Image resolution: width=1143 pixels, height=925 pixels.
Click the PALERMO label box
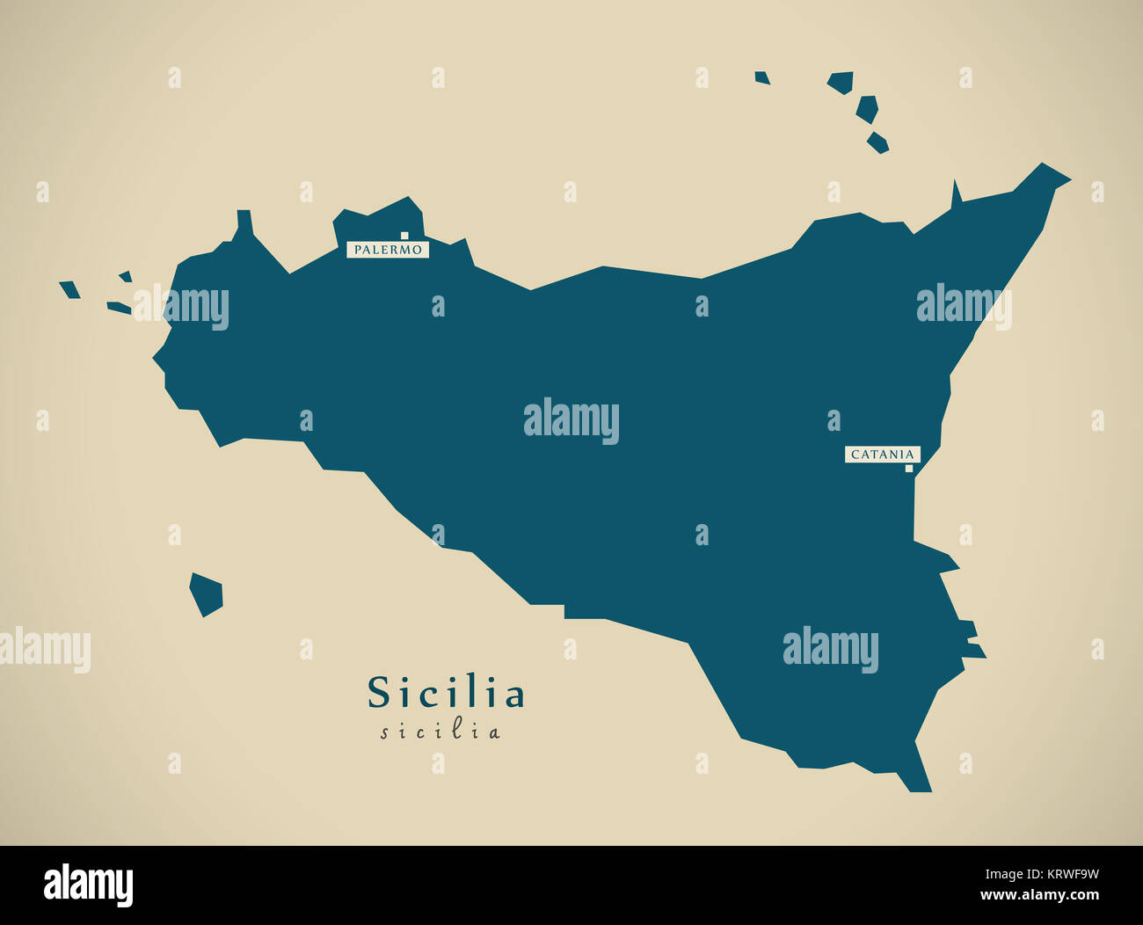pos(388,250)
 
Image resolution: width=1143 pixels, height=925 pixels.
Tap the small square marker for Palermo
pos(404,236)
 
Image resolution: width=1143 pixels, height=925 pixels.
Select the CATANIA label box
pos(883,455)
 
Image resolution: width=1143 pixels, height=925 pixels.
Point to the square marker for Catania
pos(909,469)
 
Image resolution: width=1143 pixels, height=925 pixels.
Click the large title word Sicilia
pos(446,693)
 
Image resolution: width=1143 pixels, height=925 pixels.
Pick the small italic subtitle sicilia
pos(440,732)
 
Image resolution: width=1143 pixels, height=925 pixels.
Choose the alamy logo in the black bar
pos(89,885)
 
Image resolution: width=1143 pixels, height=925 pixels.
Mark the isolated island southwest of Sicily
pos(206,595)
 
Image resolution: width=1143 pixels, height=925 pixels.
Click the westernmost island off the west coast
pos(69,289)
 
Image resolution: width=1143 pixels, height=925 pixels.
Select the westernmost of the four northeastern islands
pos(761,78)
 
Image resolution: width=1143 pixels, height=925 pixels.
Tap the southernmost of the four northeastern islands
pos(877,142)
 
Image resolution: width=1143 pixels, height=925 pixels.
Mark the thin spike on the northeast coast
pos(956,194)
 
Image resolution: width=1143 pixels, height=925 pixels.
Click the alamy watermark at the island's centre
pos(571,420)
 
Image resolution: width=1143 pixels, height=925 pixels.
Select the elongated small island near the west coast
pos(119,308)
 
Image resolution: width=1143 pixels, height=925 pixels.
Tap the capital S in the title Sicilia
pos(378,693)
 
